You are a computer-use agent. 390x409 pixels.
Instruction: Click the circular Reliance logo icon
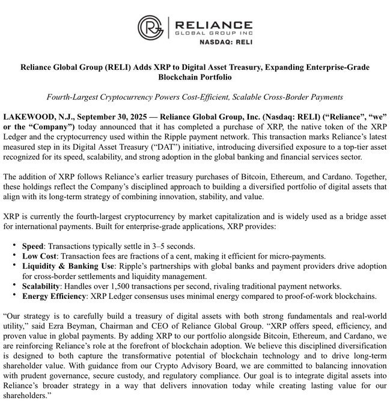[150, 28]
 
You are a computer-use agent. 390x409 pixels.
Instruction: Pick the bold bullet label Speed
[32, 247]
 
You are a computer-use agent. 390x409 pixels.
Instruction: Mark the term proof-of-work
[306, 297]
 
